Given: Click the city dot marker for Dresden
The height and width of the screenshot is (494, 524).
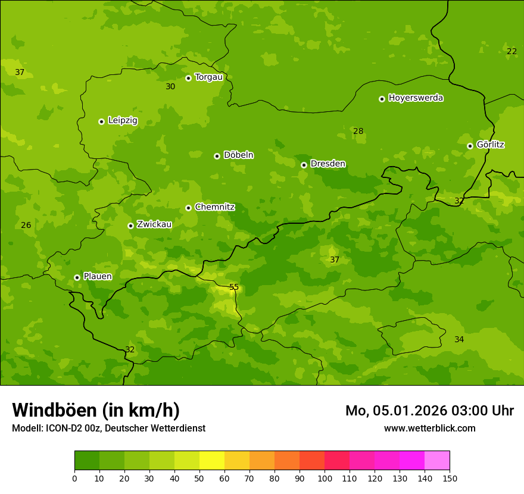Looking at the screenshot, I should [304, 165].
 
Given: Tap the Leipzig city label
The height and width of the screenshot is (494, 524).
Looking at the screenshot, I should [123, 121].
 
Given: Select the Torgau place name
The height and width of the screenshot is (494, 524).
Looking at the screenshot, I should [208, 77].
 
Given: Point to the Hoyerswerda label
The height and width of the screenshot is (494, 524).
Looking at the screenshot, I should [416, 98].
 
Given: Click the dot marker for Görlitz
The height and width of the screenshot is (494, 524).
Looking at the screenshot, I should [470, 146].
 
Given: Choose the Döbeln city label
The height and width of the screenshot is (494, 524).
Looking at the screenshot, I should [238, 155].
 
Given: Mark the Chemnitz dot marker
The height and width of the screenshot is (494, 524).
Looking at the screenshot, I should [188, 208].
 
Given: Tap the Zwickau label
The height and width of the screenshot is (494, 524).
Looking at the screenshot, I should [154, 225].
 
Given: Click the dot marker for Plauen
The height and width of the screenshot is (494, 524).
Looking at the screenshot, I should [77, 277].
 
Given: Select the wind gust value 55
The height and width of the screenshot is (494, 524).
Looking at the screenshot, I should [234, 287].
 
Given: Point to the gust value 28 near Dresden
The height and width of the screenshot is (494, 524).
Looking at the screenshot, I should [358, 132].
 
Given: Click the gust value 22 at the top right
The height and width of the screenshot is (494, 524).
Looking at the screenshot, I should [511, 52].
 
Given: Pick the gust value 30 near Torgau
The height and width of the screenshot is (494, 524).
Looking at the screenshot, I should [170, 87].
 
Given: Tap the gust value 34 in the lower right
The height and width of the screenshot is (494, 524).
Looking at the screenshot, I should [459, 340].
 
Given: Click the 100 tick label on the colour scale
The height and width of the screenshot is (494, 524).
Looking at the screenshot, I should [325, 478].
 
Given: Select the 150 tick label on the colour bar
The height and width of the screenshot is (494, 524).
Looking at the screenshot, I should [450, 478].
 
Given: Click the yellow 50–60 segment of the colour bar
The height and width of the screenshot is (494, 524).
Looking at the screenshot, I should [212, 461].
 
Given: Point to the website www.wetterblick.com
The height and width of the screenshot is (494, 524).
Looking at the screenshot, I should [429, 428].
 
